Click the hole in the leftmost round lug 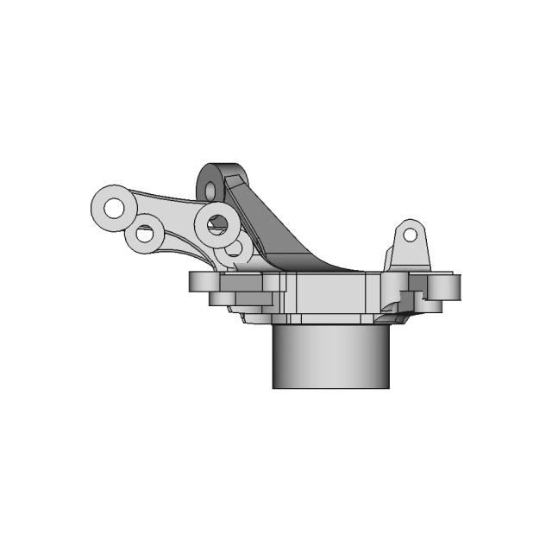(x=113, y=207)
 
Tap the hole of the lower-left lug (x=145, y=233)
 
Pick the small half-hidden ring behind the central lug (x=238, y=249)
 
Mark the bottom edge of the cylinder (x=332, y=387)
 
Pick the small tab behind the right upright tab (x=390, y=257)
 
